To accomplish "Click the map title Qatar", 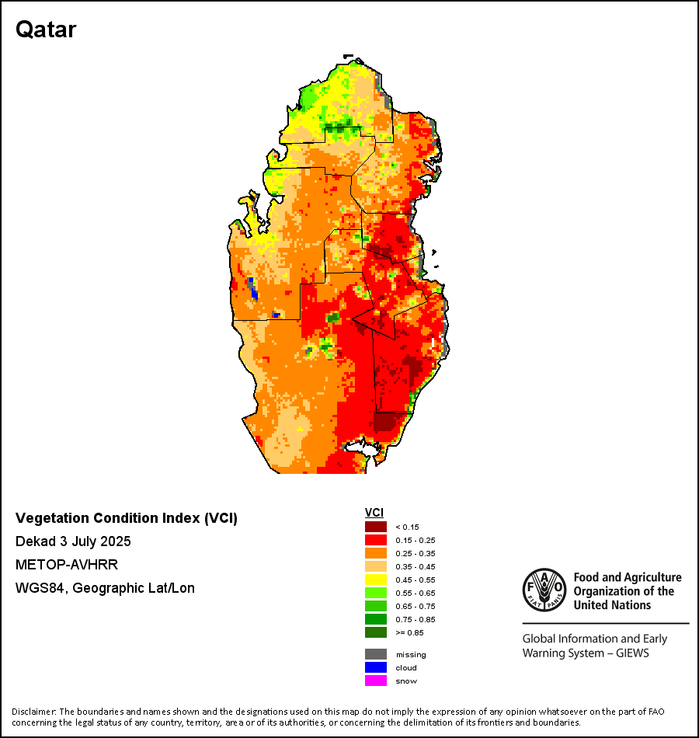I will pyautogui.click(x=46, y=30).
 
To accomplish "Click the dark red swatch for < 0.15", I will pyautogui.click(x=376, y=527).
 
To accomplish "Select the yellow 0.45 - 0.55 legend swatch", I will pyautogui.click(x=376, y=580).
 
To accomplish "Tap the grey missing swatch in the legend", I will pyautogui.click(x=376, y=654).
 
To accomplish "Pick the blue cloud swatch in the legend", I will pyautogui.click(x=376, y=667).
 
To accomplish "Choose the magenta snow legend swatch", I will pyautogui.click(x=376, y=681).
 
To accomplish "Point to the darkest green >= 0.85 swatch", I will pyautogui.click(x=376, y=632).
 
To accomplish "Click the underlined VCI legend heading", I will pyautogui.click(x=374, y=513).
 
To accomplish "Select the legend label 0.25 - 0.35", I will pyautogui.click(x=412, y=553).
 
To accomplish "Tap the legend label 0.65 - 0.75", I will pyautogui.click(x=412, y=606).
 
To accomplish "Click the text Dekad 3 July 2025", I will pyautogui.click(x=73, y=541).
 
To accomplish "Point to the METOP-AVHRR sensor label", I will pyautogui.click(x=67, y=565).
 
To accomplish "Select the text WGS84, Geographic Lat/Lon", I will pyautogui.click(x=105, y=588).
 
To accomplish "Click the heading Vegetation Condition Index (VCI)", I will pyautogui.click(x=127, y=518).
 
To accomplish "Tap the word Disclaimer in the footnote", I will pyautogui.click(x=33, y=712).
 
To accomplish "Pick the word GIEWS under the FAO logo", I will pyautogui.click(x=632, y=653).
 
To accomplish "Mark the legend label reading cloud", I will pyautogui.click(x=406, y=668).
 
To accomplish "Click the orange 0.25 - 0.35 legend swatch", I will pyautogui.click(x=376, y=553).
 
